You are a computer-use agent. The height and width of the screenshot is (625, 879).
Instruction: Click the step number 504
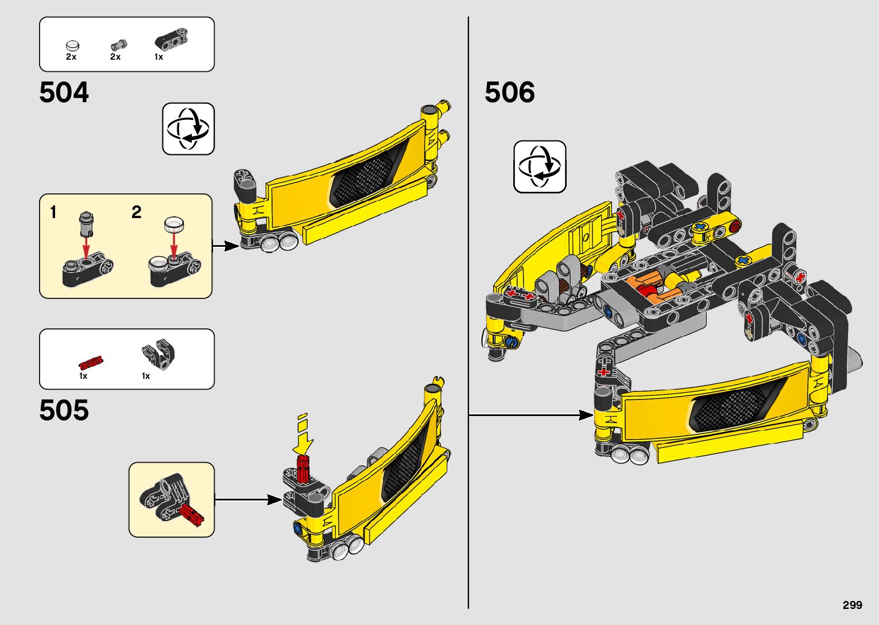pyautogui.click(x=64, y=92)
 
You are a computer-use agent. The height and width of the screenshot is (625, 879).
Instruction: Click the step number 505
pyautogui.click(x=64, y=410)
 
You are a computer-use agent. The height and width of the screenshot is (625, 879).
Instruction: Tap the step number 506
pyautogui.click(x=510, y=92)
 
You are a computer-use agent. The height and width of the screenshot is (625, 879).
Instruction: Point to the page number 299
pyautogui.click(x=853, y=605)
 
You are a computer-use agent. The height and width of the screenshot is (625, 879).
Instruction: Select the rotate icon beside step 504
pyautogui.click(x=188, y=129)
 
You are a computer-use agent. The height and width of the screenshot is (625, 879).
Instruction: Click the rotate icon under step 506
pyautogui.click(x=540, y=166)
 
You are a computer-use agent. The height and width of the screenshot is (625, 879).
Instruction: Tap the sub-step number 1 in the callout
pyautogui.click(x=53, y=213)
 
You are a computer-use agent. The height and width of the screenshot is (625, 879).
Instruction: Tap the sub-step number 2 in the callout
pyautogui.click(x=136, y=213)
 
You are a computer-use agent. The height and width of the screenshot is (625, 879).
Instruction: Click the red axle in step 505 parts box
pyautogui.click(x=91, y=362)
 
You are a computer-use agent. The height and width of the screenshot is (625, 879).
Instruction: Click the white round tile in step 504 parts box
pyautogui.click(x=72, y=45)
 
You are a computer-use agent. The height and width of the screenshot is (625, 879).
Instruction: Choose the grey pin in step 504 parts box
pyautogui.click(x=119, y=44)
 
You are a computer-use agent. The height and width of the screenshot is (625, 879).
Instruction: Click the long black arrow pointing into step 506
pyautogui.click(x=531, y=414)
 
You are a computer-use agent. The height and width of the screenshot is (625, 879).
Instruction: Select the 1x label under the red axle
pyautogui.click(x=83, y=376)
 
